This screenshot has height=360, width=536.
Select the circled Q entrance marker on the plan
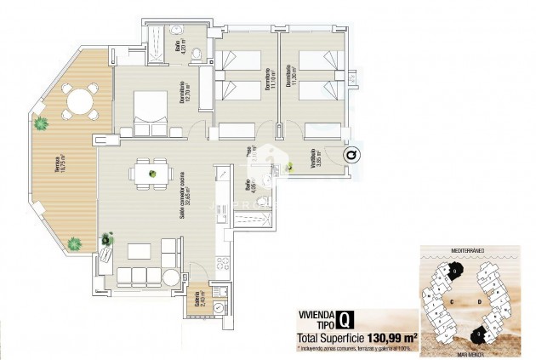[x=351, y=155]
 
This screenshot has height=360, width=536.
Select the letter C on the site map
[x=453, y=300]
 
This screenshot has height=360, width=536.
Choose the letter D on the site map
[x=481, y=300]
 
